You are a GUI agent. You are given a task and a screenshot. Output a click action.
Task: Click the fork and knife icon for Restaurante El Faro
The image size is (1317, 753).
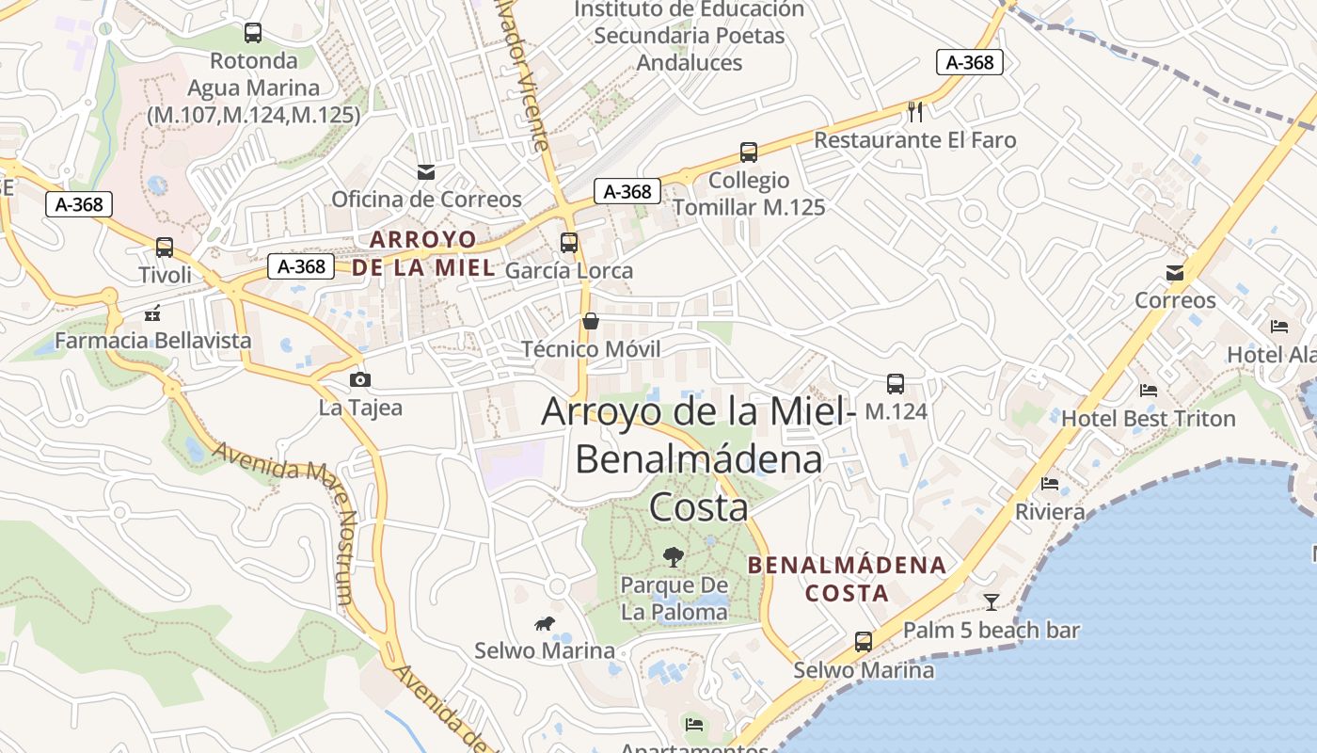coord(915,112)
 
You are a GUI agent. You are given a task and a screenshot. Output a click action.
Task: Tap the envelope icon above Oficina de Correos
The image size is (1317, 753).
coord(426,171)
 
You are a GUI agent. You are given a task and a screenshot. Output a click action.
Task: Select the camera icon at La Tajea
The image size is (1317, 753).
coord(359,380)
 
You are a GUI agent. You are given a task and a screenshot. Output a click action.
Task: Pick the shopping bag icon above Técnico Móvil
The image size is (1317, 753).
coord(591,321)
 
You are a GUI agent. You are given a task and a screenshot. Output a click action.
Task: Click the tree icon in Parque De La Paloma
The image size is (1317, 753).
coord(674,556)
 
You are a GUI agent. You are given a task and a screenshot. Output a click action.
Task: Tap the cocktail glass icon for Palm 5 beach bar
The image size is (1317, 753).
coord(992,601)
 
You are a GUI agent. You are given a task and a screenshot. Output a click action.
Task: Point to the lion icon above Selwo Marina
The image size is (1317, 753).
coord(545,623)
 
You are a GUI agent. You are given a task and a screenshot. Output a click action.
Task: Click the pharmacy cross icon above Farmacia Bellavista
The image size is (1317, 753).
coord(152,313)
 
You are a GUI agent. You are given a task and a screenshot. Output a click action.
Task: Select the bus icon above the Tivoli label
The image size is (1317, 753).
coord(165,248)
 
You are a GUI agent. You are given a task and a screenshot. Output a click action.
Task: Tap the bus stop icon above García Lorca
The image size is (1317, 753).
coord(569,243)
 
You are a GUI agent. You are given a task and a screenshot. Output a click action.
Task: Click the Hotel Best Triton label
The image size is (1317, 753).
coord(1148,419)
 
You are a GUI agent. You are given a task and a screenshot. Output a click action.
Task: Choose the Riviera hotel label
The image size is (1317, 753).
coord(1050,512)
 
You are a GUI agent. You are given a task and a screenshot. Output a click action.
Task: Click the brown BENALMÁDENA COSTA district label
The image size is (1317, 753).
coord(847,579)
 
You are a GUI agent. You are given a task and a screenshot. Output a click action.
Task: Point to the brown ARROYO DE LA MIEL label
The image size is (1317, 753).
coord(423,253)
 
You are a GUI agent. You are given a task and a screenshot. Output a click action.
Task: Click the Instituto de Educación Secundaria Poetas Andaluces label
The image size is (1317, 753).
coord(690,36)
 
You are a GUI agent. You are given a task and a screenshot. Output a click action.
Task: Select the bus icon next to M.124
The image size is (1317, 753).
coord(895,384)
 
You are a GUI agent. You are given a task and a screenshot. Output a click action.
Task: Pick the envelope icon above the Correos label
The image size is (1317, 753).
coord(1175,273)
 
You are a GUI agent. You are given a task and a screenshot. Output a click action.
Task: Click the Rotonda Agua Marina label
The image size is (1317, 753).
coord(254,88)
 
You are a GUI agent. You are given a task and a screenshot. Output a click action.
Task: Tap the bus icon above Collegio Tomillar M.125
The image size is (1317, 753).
coord(749,152)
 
